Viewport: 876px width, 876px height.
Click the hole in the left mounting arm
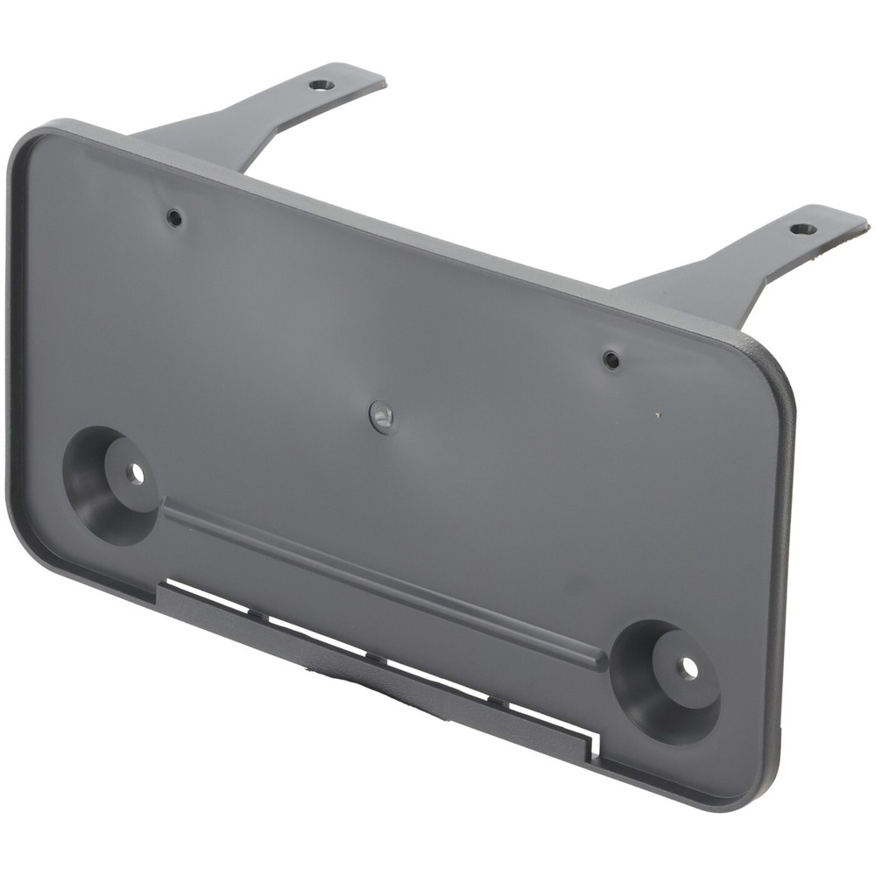[x=321, y=86]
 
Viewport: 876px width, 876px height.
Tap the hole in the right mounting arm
[x=803, y=230]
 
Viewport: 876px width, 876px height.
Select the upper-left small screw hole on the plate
[x=175, y=217]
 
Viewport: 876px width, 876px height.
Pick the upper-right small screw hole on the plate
[x=611, y=359]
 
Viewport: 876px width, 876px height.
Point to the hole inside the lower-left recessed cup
[x=135, y=474]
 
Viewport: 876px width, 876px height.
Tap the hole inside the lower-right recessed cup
[x=689, y=668]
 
